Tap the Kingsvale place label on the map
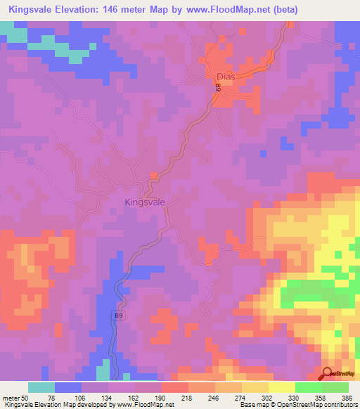[x=145, y=202]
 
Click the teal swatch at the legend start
[x=41, y=387]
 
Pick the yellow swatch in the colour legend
[x=282, y=387]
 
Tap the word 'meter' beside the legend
[x=11, y=397]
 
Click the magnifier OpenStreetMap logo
[x=328, y=374]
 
